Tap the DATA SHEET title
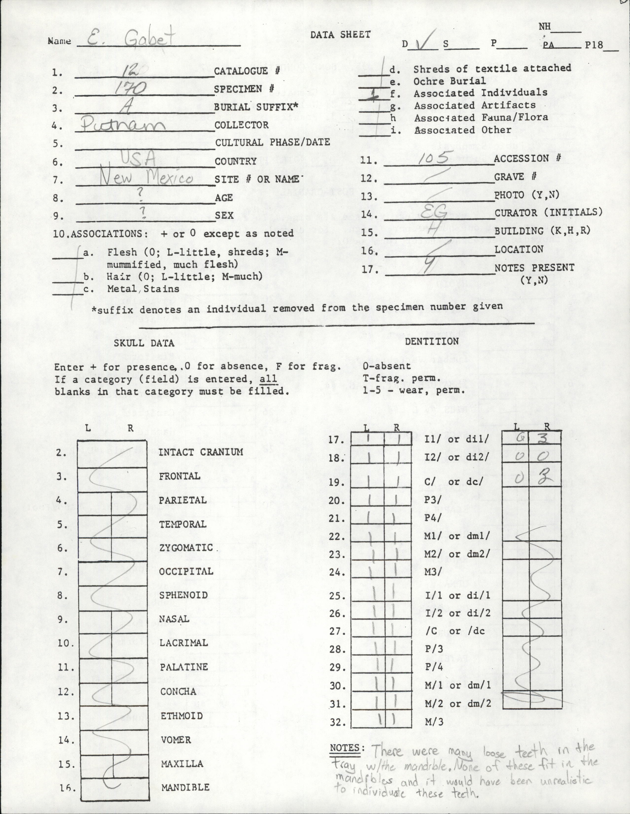pyautogui.click(x=340, y=35)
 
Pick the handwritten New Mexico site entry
pyautogui.click(x=147, y=179)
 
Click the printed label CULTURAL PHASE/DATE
pyautogui.click(x=272, y=142)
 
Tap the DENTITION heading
pyautogui.click(x=432, y=341)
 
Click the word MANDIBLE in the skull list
pyautogui.click(x=185, y=787)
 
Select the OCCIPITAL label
pyautogui.click(x=186, y=571)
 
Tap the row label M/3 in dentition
pyautogui.click(x=434, y=722)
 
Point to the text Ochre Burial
pyautogui.click(x=450, y=81)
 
